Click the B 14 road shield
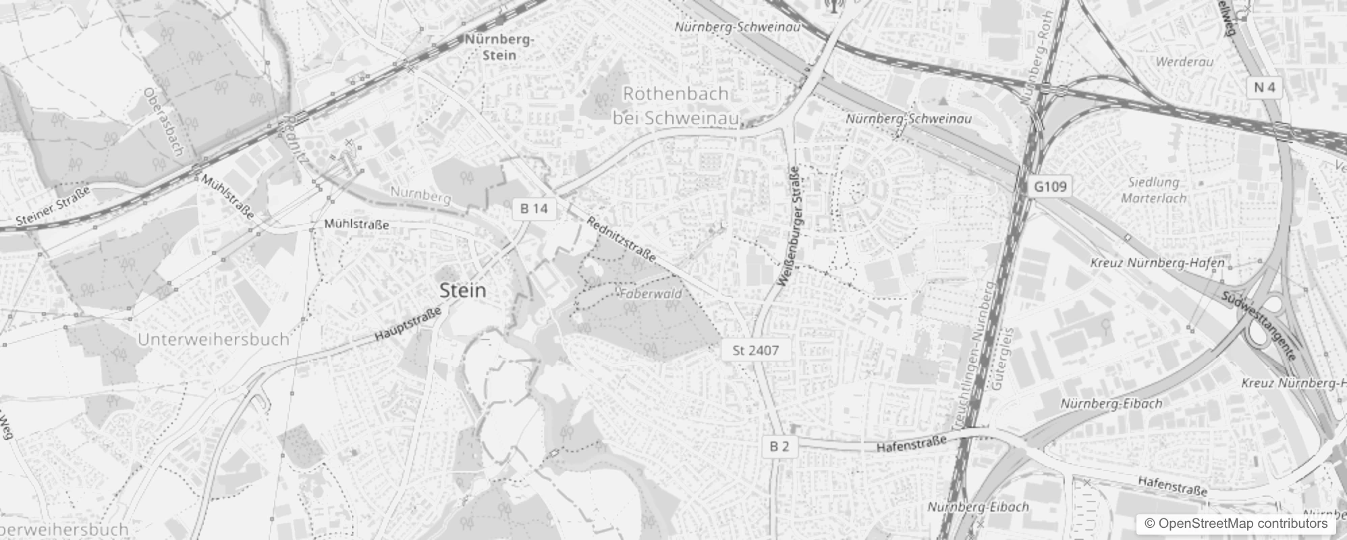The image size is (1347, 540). coord(534,209)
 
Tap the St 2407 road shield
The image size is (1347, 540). coord(755,350)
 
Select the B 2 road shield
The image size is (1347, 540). coord(779,446)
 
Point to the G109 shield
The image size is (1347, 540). coord(1050,186)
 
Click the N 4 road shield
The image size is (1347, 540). coord(1265,88)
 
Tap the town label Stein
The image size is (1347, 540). coord(462,291)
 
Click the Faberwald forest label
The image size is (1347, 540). coord(651,294)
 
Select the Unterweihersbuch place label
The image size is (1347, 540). coord(213,339)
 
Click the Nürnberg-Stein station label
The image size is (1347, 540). coord(499,47)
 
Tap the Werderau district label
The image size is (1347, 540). coord(1184,62)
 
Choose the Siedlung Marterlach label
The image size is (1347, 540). coord(1153,190)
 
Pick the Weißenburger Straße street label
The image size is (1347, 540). coord(790,225)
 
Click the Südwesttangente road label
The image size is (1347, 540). coord(1259,326)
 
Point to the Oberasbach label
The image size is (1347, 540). coord(163,122)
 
